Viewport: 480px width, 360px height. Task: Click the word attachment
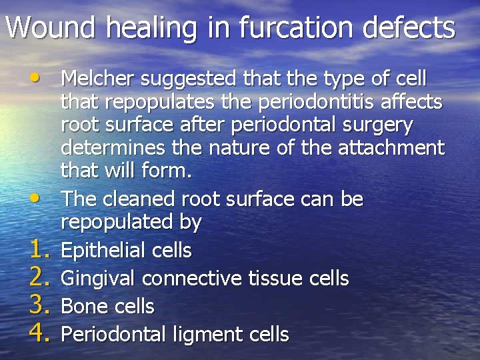393,147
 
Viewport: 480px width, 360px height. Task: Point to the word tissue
275,278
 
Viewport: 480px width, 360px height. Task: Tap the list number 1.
40,250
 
